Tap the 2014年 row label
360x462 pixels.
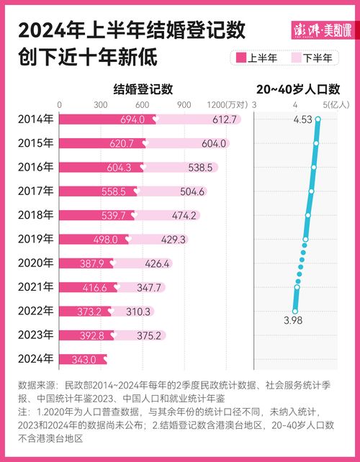pyautogui.click(x=35, y=119)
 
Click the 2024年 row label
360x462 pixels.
pyautogui.click(x=35, y=358)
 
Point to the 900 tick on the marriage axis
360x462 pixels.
pyautogui.click(x=183, y=104)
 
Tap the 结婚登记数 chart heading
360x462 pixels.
pyautogui.click(x=143, y=89)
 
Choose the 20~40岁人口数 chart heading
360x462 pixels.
pyautogui.click(x=297, y=89)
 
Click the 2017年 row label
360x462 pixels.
pyautogui.click(x=35, y=191)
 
